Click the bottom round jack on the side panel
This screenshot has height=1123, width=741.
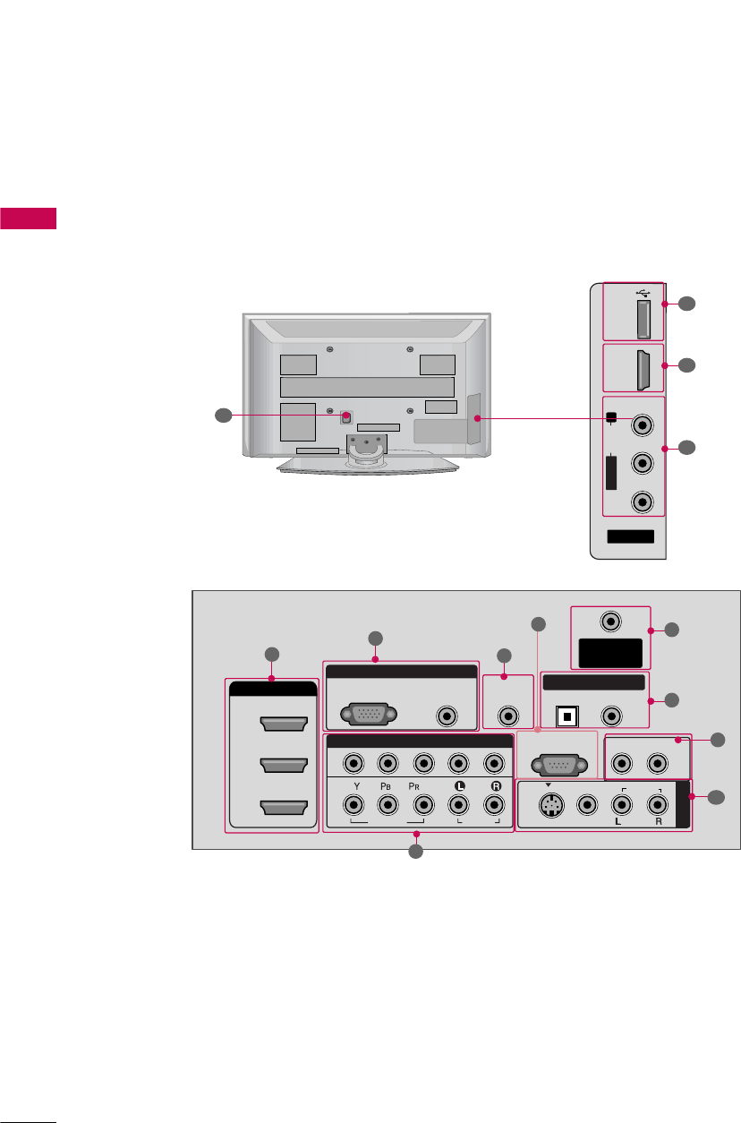[x=641, y=502]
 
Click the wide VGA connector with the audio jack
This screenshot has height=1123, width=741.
[x=368, y=716]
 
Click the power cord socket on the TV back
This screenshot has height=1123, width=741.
[x=345, y=416]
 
